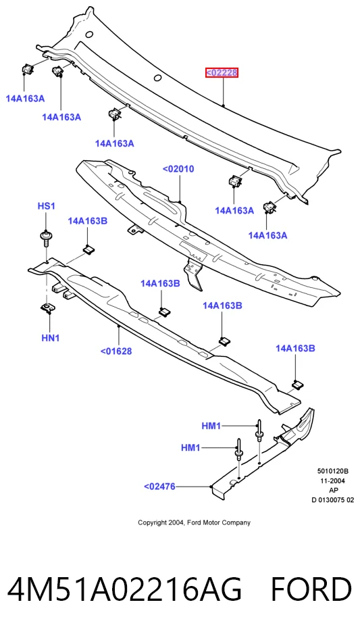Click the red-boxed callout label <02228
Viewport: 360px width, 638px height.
point(222,73)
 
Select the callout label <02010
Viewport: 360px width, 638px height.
point(178,169)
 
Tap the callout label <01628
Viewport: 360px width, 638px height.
point(116,351)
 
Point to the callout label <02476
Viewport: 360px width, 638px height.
point(159,486)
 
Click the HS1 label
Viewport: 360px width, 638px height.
point(46,206)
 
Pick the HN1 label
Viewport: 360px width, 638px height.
point(51,338)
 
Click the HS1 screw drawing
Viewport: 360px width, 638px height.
point(45,238)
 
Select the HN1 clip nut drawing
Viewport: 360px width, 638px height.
point(49,308)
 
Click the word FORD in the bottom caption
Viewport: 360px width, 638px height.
point(311,589)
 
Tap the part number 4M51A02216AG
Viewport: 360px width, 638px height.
point(124,589)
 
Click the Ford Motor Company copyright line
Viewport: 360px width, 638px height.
point(194,522)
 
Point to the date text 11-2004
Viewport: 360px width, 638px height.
point(333,481)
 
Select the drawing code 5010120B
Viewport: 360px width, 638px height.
point(333,472)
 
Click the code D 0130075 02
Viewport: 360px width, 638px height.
point(333,500)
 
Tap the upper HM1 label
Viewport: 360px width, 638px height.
point(211,426)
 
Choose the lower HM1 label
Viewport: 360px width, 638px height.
point(190,448)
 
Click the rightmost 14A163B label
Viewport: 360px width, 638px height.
point(295,348)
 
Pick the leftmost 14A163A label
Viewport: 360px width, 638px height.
point(25,99)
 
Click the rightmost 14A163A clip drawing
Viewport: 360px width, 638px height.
point(269,207)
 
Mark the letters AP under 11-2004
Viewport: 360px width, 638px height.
point(333,491)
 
